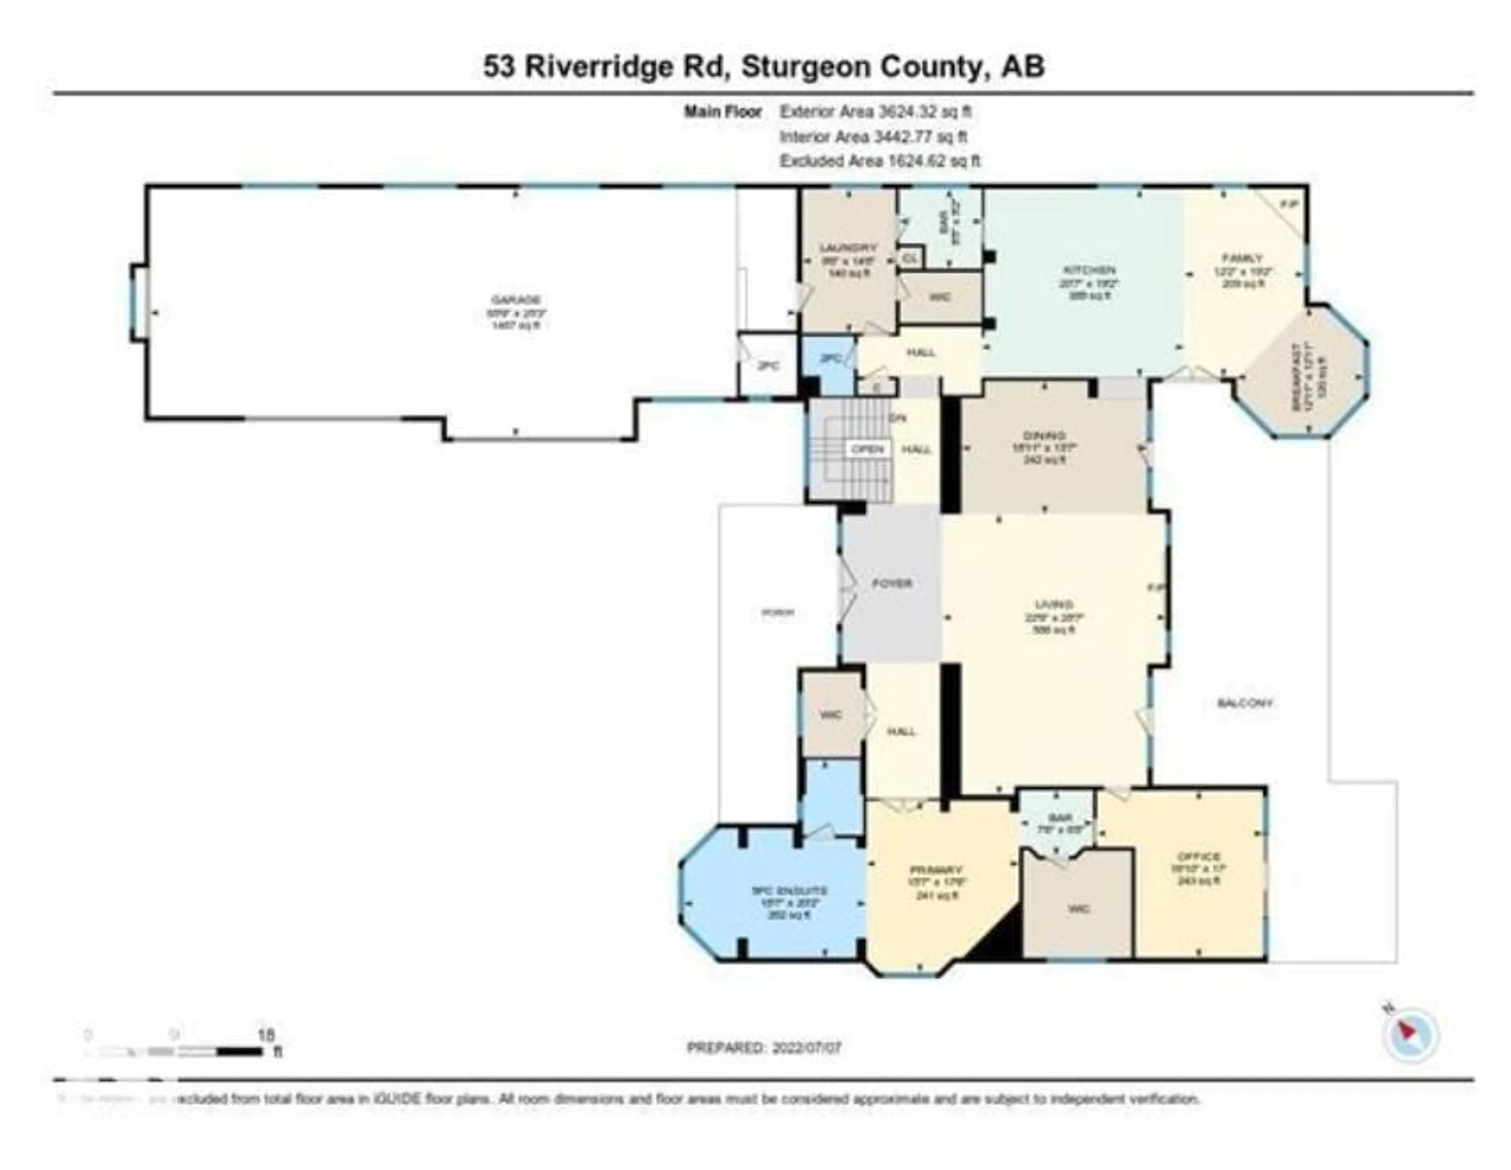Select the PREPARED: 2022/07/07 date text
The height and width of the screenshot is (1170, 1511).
764,1048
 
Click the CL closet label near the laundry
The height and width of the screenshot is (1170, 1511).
911,258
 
